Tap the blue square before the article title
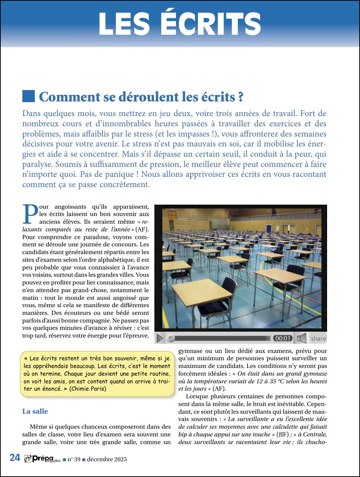click(x=29, y=96)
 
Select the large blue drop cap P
click(x=30, y=214)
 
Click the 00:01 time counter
click(x=283, y=338)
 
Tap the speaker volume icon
click(x=301, y=338)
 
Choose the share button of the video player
click(x=318, y=339)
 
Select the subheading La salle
click(x=35, y=411)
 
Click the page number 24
click(x=15, y=458)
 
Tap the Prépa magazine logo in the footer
click(x=42, y=459)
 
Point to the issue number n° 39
click(x=74, y=459)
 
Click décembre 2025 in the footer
click(x=107, y=459)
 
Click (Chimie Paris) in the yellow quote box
click(x=88, y=389)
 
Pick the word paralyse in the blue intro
click(x=37, y=164)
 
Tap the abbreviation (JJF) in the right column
click(x=282, y=435)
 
